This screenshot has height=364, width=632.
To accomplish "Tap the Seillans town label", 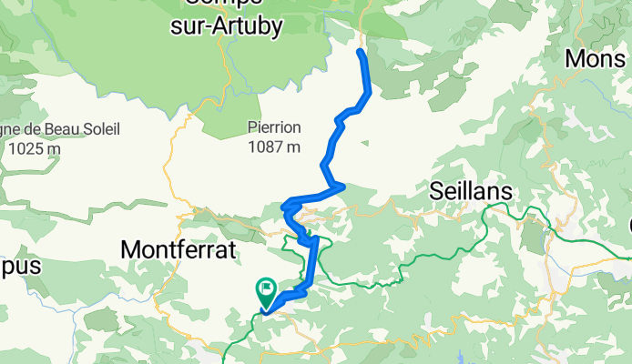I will coord(470,193).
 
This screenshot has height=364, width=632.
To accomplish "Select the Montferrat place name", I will coord(178,248).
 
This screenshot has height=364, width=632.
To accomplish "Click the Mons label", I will coord(597,58).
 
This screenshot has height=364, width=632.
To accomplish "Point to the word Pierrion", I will coord(273,128).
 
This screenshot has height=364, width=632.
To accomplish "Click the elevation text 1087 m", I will coord(274,146).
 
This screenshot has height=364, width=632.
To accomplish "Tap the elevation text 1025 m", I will coord(35,148).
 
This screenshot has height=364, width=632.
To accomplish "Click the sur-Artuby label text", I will coord(226,26).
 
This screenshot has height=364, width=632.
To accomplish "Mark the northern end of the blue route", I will coord(361,53).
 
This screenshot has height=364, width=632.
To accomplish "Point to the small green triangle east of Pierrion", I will coord(364,142).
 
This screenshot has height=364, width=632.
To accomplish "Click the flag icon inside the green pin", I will coord(266,290).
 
